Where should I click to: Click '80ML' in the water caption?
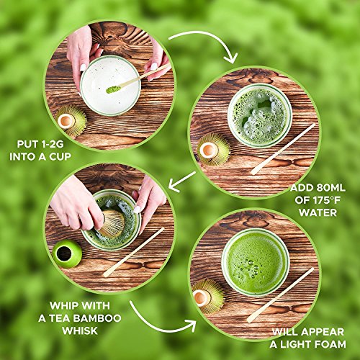(331, 188)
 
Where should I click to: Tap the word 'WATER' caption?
(318, 212)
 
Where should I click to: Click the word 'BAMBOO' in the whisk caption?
(97, 318)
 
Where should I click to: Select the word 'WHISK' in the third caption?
(80, 330)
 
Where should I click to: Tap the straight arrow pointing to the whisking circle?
(182, 182)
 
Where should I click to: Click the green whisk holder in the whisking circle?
(67, 254)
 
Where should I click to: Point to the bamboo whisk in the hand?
(112, 223)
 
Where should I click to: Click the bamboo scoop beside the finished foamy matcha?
(280, 295)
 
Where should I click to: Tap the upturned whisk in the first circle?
(71, 121)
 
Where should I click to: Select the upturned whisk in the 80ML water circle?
(213, 150)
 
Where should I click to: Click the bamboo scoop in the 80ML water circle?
(283, 149)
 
